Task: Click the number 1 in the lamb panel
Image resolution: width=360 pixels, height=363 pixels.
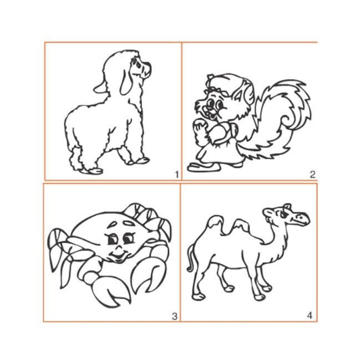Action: pos(177,175)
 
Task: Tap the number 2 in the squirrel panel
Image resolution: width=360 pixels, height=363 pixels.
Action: pos(312,175)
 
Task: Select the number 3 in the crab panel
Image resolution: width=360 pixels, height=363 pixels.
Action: pos(175,316)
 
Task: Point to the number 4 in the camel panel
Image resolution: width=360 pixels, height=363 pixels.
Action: pos(310,315)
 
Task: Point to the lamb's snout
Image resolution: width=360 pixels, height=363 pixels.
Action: pos(146,69)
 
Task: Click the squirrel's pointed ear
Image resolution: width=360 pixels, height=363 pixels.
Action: pos(239,94)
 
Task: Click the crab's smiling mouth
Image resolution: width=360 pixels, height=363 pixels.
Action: pos(119,257)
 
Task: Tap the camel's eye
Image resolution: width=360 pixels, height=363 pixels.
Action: pos(284,214)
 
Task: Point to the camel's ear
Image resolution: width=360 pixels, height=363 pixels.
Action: pos(287,206)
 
